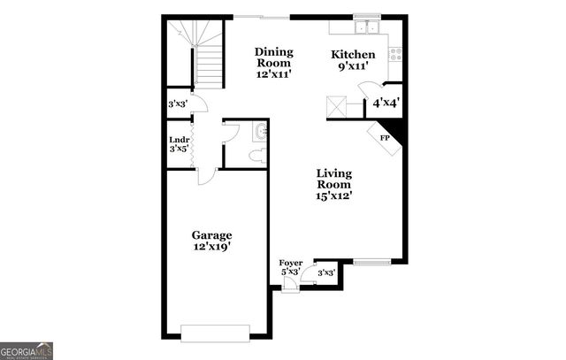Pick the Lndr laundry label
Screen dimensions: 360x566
tap(180, 143)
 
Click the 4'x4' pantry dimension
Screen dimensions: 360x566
tap(386, 103)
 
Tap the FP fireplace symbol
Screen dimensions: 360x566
tap(386, 139)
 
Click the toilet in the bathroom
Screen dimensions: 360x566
tap(257, 156)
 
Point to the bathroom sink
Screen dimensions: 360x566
tap(260, 134)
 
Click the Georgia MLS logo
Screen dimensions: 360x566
tap(27, 350)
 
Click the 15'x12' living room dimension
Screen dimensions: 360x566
tap(334, 196)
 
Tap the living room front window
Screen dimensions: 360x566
tap(371, 261)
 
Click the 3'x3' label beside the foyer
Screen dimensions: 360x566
tap(325, 272)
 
